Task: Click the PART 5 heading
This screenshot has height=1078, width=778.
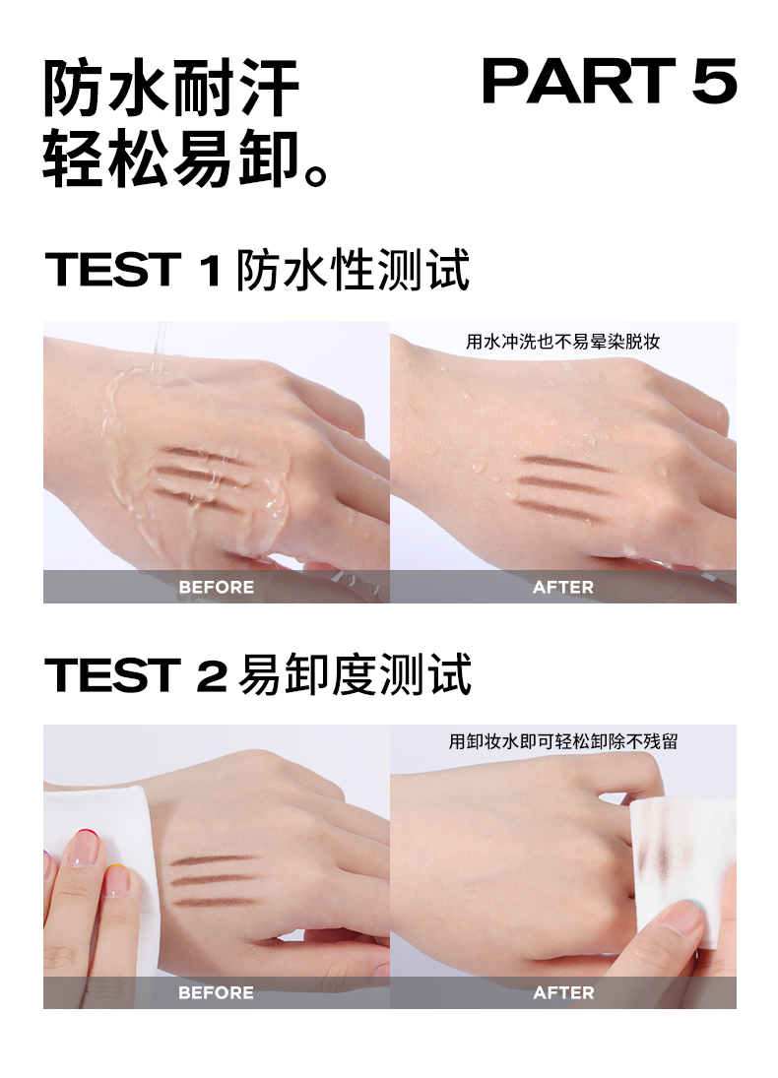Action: pos(610,81)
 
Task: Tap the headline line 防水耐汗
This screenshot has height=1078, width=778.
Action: pos(170,89)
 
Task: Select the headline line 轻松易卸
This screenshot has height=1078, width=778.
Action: pos(186,159)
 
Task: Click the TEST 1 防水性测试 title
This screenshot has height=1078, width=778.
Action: pos(257,270)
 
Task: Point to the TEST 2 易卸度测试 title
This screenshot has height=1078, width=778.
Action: pos(258,674)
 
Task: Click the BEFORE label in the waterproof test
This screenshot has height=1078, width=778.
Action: pos(216,587)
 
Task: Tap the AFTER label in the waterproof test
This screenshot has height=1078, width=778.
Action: pos(562,587)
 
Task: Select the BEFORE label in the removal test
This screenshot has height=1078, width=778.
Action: pos(216,992)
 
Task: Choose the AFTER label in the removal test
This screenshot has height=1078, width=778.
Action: pos(562,992)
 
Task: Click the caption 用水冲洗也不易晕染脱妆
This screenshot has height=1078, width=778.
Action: pos(562,342)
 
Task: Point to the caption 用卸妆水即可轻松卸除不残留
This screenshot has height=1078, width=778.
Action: pos(562,742)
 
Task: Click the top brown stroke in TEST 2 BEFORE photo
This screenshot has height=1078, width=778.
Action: pos(214,860)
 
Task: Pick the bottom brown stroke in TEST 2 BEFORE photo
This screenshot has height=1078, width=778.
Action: pos(214,902)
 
